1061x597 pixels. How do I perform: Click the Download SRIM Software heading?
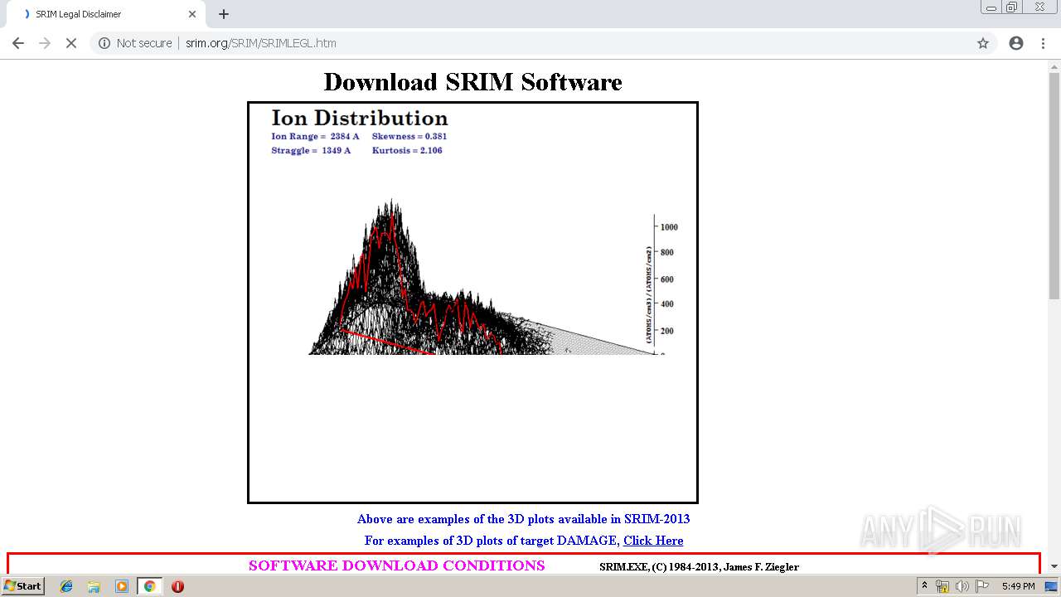pos(472,82)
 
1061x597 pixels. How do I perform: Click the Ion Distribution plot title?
pos(359,118)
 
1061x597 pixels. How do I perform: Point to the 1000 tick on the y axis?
pos(668,226)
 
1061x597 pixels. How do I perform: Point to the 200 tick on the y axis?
pos(666,331)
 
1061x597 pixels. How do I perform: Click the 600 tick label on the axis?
pos(666,279)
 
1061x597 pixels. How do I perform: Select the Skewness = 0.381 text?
pos(409,136)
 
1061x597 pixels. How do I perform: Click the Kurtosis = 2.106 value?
pos(407,151)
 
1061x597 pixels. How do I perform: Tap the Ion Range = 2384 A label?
pos(315,136)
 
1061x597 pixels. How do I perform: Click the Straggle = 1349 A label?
pos(311,151)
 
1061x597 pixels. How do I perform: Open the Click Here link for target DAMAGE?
pos(653,541)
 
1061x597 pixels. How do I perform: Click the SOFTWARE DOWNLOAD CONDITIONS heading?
pos(396,565)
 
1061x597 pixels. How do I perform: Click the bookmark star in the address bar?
pos(983,43)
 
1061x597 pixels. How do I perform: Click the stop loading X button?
pos(71,43)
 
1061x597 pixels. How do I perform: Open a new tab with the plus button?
pos(224,14)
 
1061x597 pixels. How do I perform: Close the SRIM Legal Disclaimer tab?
pos(192,14)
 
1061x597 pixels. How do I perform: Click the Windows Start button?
pos(22,586)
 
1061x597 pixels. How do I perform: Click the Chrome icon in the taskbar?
pos(149,586)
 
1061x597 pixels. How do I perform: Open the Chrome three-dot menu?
pos(1043,43)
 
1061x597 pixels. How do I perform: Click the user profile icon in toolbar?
pos(1016,43)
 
